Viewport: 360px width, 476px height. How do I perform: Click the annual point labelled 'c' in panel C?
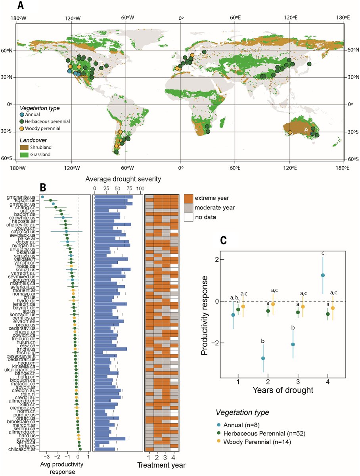pos(323,275)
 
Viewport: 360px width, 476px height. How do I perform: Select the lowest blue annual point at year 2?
pos(263,358)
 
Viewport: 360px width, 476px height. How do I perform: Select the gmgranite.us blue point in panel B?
pos(42,197)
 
